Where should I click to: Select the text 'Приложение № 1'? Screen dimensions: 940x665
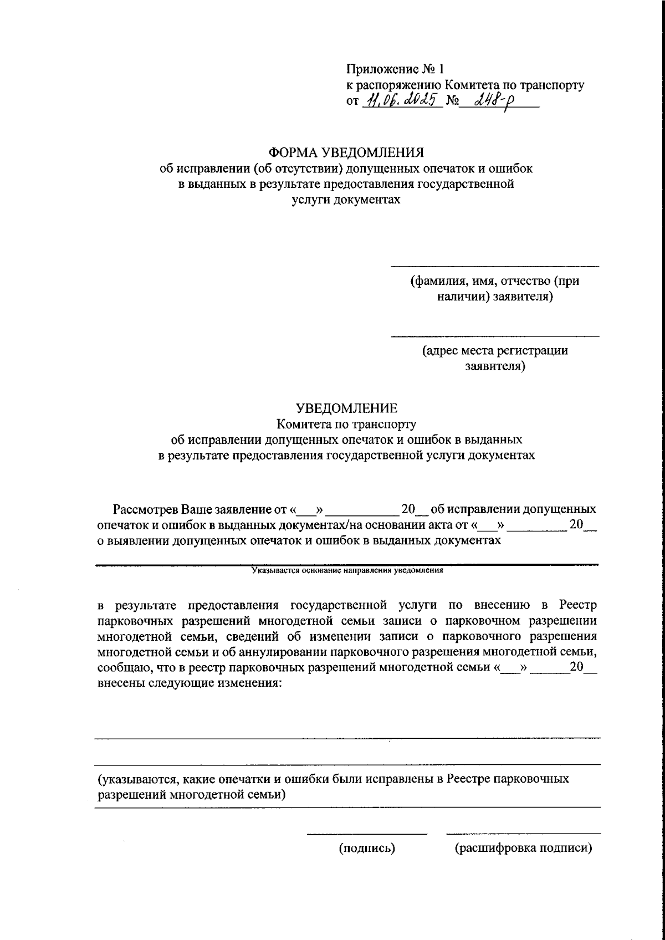(395, 69)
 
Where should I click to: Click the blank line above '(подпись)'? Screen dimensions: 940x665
(367, 833)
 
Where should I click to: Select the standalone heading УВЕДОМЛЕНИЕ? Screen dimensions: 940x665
(346, 408)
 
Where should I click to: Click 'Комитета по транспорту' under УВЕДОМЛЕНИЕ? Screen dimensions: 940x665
(346, 425)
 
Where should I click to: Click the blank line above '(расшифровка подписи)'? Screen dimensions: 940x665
(523, 833)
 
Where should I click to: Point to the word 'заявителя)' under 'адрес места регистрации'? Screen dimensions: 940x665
(495, 366)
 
